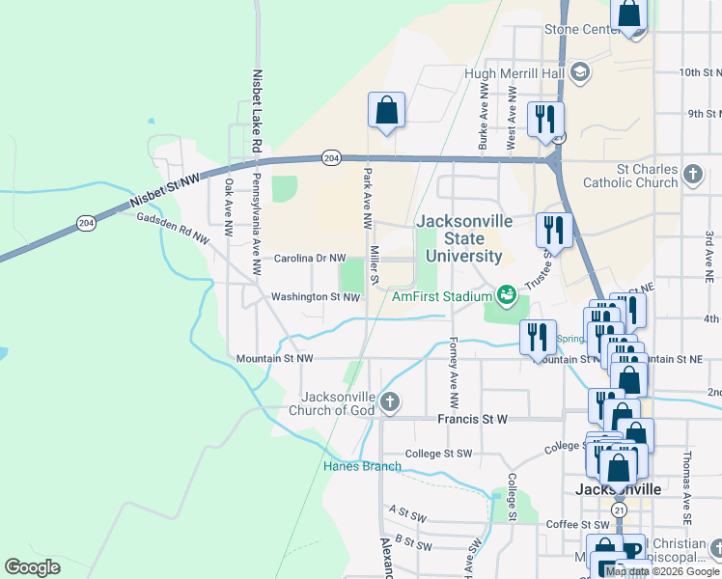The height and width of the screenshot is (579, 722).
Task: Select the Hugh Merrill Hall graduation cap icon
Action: tap(579, 72)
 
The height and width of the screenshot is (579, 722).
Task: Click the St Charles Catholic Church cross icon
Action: tap(692, 175)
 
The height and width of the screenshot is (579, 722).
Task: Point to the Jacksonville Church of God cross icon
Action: tap(389, 401)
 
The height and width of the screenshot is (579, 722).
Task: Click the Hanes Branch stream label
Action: tap(361, 467)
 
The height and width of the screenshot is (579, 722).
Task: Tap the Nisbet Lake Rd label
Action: tap(257, 109)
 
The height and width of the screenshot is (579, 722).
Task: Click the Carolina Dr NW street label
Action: tap(310, 259)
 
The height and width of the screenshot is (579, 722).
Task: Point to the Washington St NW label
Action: tap(316, 297)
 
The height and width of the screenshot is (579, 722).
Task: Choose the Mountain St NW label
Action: tap(275, 358)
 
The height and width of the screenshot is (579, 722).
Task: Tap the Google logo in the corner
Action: tap(32, 567)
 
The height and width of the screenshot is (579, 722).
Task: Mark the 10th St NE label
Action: tap(700, 72)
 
